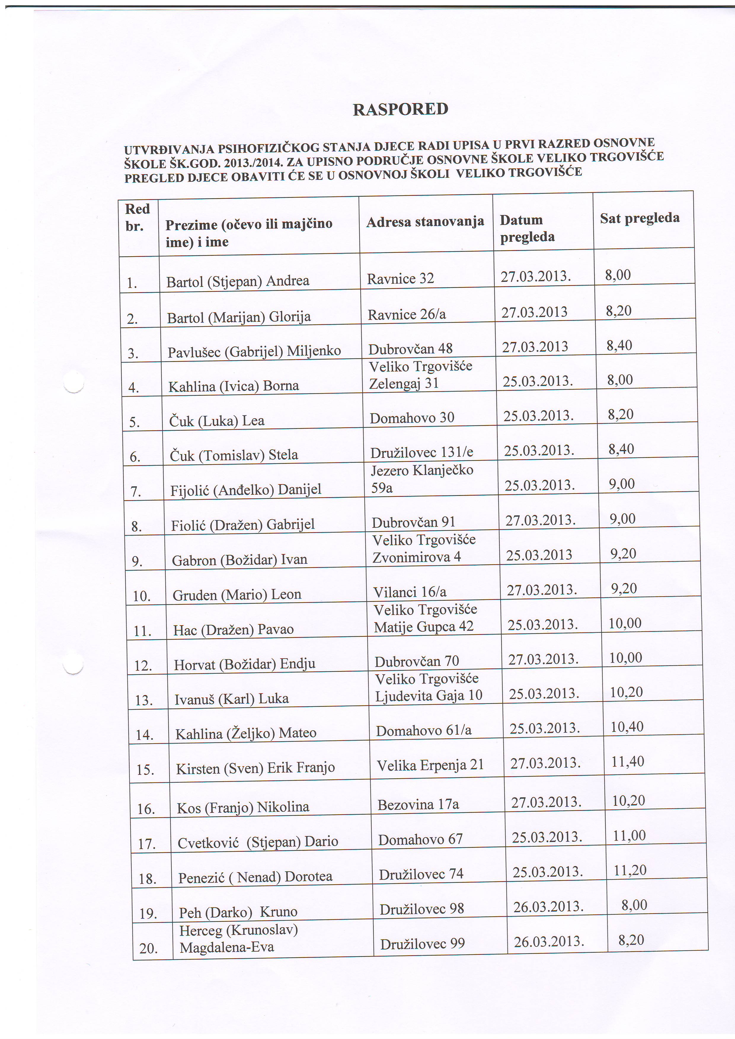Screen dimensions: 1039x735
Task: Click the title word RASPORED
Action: pyautogui.click(x=400, y=110)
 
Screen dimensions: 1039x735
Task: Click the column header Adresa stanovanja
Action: pyautogui.click(x=425, y=222)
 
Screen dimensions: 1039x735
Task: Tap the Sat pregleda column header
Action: pyautogui.click(x=640, y=218)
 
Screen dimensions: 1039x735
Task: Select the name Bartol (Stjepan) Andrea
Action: pyautogui.click(x=238, y=281)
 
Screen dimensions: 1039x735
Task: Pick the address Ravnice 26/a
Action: pyautogui.click(x=406, y=315)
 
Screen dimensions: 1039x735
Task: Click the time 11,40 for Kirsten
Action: pyautogui.click(x=627, y=762)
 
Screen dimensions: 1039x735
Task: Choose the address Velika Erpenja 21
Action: pyautogui.click(x=430, y=765)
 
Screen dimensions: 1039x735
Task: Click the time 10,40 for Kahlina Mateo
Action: pyautogui.click(x=627, y=727)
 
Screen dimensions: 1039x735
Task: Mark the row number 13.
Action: pyautogui.click(x=144, y=700)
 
